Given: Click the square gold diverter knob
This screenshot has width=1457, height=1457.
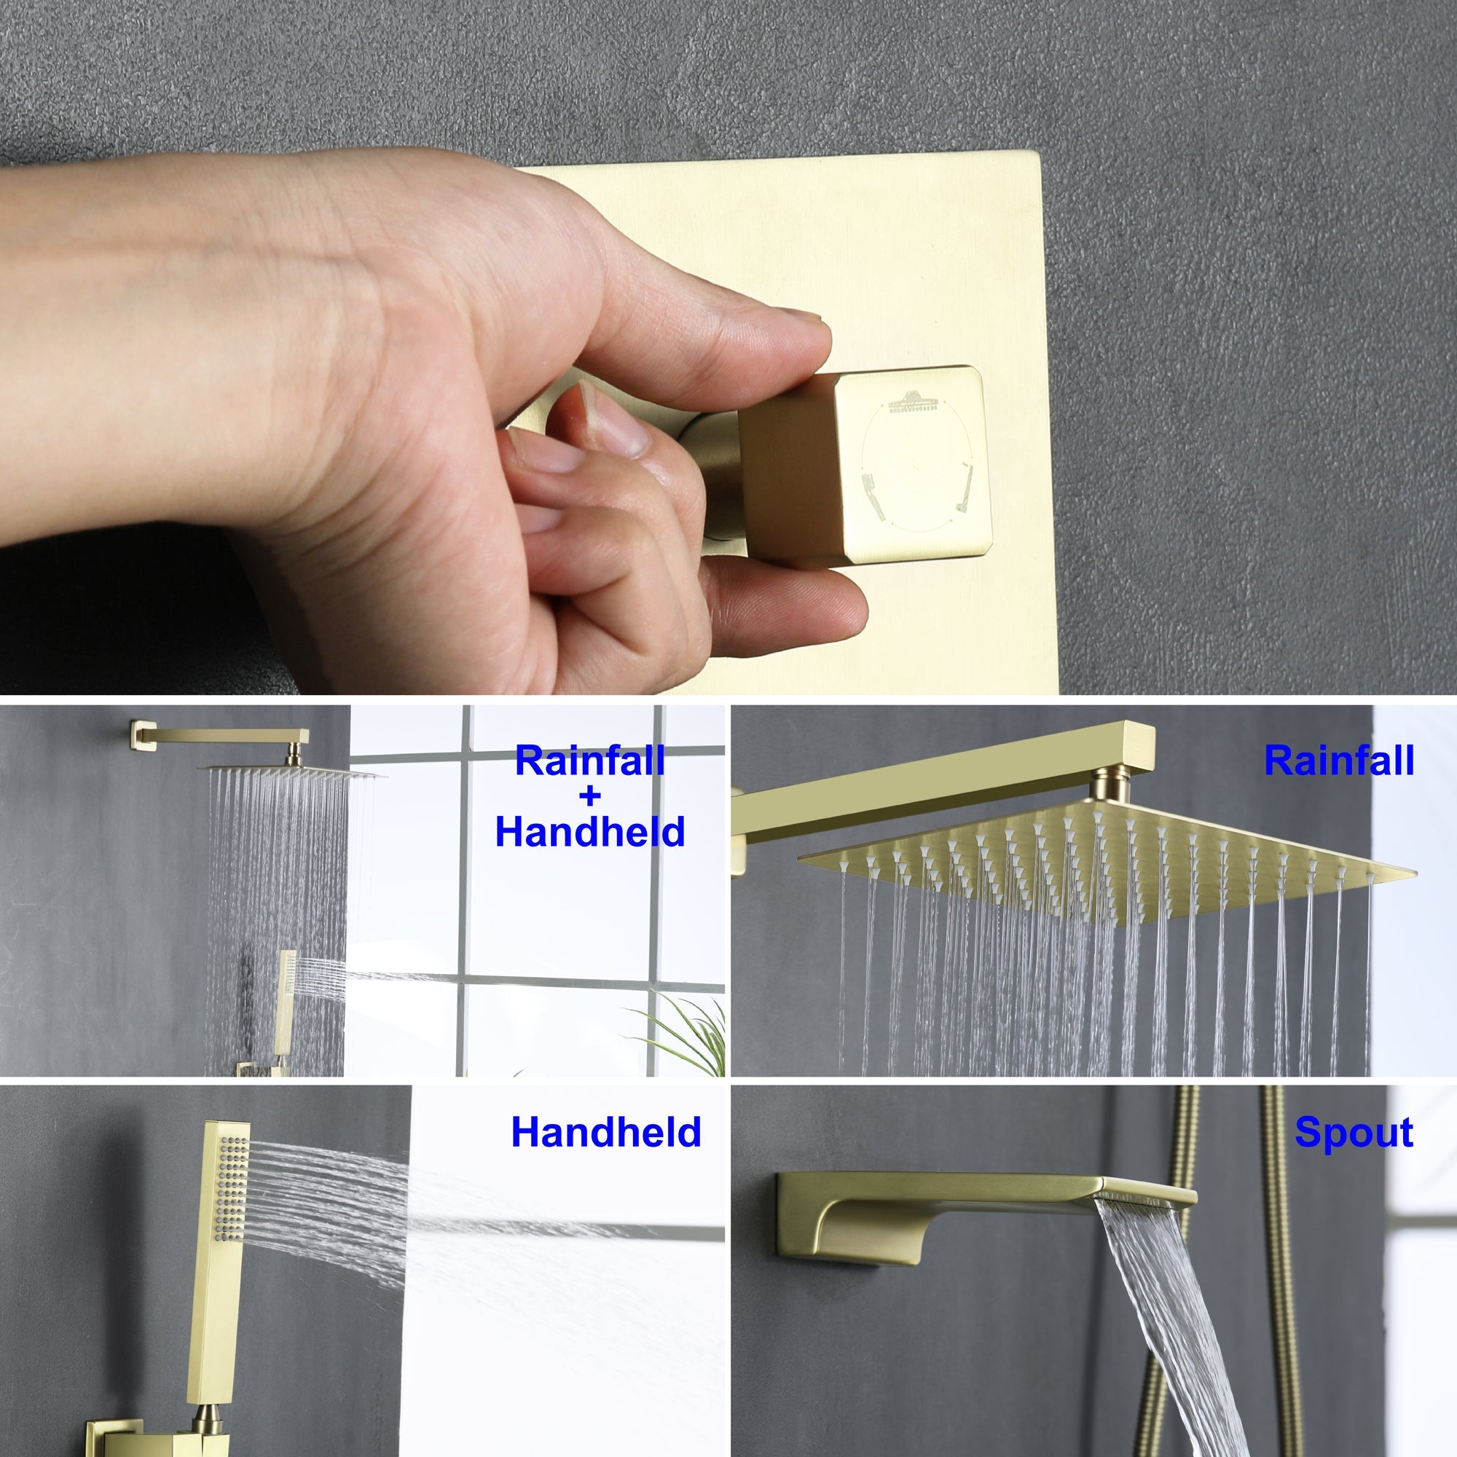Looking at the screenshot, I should coord(863,468).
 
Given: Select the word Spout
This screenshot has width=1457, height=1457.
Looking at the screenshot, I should coord(1354,1133).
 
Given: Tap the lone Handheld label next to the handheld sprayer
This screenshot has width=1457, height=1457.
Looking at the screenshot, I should coord(605,1133).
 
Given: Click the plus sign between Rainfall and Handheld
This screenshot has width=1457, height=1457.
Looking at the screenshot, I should coord(590,796).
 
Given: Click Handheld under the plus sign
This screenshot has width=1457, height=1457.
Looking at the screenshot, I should coord(590,832).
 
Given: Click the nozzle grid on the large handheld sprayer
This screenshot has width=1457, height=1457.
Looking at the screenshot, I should coord(233,1192).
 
